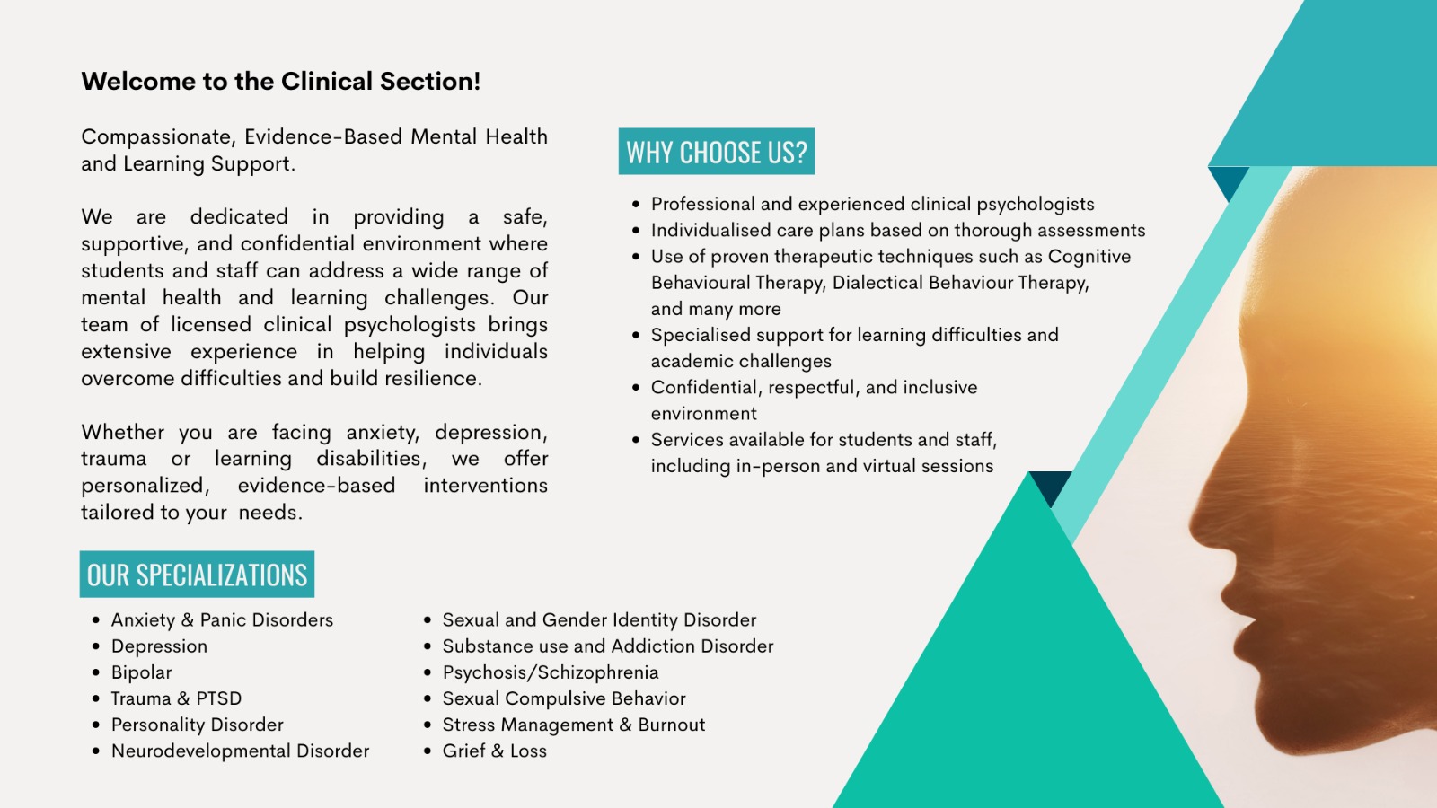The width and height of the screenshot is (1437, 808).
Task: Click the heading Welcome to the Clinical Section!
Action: pyautogui.click(x=280, y=82)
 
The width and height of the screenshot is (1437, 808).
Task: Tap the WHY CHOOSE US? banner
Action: pyautogui.click(x=717, y=152)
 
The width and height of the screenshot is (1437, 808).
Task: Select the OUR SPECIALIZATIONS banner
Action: pyautogui.click(x=197, y=574)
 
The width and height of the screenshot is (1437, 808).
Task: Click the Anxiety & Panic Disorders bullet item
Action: pyautogui.click(x=222, y=620)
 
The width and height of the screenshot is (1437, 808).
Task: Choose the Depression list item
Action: pyautogui.click(x=159, y=646)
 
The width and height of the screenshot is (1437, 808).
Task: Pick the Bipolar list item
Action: pyautogui.click(x=141, y=672)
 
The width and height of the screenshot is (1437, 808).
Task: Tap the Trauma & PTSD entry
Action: pyautogui.click(x=176, y=698)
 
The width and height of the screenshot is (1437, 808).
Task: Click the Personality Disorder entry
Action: pyautogui.click(x=197, y=725)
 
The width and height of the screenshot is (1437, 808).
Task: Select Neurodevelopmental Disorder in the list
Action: pyautogui.click(x=240, y=751)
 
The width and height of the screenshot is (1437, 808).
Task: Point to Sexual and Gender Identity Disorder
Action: pyautogui.click(x=599, y=620)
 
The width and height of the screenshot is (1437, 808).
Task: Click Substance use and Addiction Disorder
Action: pyautogui.click(x=608, y=646)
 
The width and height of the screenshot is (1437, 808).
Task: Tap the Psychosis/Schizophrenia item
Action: pyautogui.click(x=551, y=672)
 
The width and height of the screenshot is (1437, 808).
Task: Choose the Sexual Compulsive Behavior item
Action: pyautogui.click(x=564, y=698)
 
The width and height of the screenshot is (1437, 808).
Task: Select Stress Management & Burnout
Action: pyautogui.click(x=574, y=725)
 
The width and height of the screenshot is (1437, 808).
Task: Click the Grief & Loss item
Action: pyautogui.click(x=495, y=751)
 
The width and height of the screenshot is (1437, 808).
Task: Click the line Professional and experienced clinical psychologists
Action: pyautogui.click(x=872, y=204)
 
